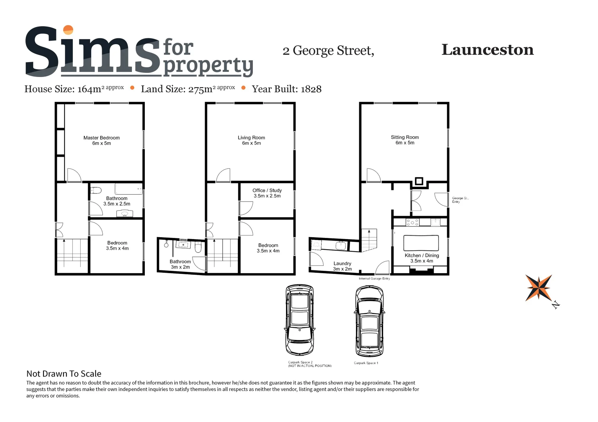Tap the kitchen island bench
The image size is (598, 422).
421,243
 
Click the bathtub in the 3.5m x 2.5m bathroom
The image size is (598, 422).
128,189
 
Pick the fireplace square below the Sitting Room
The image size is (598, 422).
419,181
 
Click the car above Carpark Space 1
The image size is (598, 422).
369,321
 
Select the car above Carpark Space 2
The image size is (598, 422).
299,320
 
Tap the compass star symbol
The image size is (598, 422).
539,288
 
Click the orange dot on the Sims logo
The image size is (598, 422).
68,30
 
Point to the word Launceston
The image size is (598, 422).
487,50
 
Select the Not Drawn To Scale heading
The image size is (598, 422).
64,374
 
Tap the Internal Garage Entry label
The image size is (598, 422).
374,279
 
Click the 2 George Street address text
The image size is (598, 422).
328,51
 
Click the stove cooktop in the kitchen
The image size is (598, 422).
412,222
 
